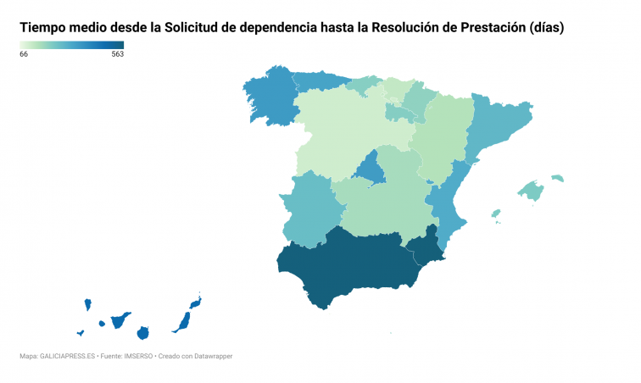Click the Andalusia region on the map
[348, 263]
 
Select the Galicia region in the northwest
[271, 97]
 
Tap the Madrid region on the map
[369, 168]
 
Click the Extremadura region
[305, 208]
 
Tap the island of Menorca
[557, 178]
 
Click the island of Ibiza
[495, 214]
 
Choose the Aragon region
[441, 136]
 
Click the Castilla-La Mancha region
[382, 203]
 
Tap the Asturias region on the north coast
[320, 80]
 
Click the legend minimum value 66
[24, 54]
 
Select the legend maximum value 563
[117, 54]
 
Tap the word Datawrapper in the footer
[212, 356]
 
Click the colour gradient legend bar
[71, 45]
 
